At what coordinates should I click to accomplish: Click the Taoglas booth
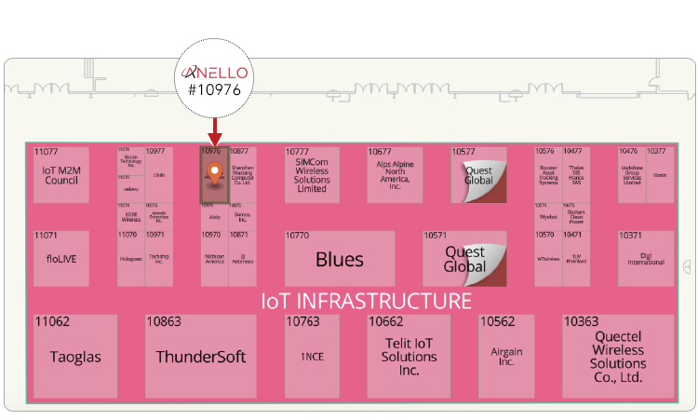[x=75, y=357]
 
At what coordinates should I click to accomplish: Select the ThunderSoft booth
[x=200, y=357]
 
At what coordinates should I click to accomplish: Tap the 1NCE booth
[x=312, y=357]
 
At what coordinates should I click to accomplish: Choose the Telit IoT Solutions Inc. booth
[x=409, y=357]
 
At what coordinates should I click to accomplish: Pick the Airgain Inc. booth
[x=505, y=357]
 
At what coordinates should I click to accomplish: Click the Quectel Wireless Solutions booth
[x=617, y=357]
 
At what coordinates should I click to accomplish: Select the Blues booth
[x=339, y=259]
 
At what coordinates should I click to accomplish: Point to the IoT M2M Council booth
[x=61, y=175]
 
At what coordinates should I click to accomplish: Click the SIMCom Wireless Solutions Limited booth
[x=312, y=175]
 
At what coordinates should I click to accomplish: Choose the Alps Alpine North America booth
[x=401, y=175]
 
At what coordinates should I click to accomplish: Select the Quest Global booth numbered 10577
[x=477, y=175]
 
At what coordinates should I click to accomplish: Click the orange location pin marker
[x=215, y=171]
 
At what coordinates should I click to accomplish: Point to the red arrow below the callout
[x=215, y=129]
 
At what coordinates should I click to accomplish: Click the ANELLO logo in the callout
[x=215, y=71]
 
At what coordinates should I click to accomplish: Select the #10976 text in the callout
[x=215, y=90]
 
